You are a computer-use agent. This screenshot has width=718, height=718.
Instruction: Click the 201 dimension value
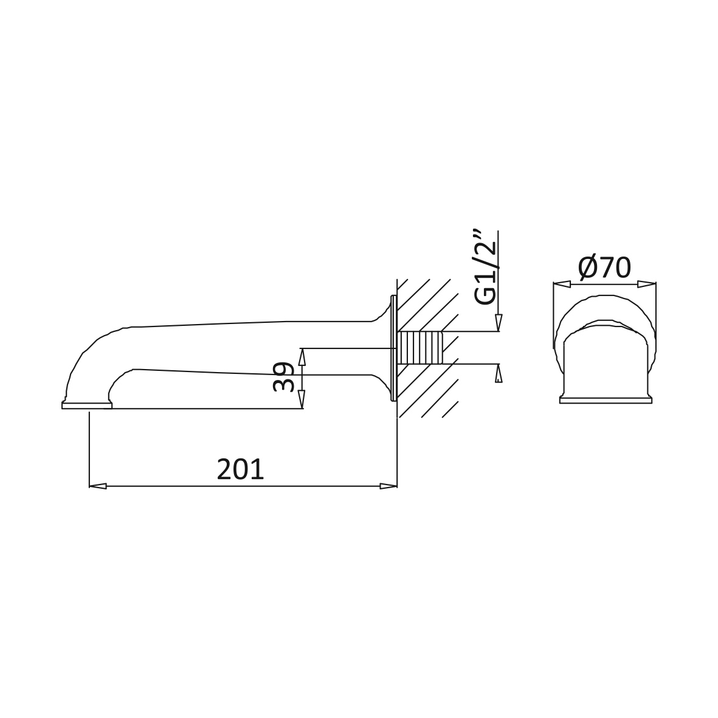[x=240, y=469]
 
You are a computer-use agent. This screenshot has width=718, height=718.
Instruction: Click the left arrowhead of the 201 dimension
[x=98, y=486]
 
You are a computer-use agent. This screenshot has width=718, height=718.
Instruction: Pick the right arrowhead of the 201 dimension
[x=388, y=486]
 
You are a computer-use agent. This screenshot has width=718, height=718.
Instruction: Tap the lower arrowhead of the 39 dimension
[x=302, y=399]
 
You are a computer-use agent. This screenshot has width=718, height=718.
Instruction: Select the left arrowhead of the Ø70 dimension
[x=562, y=285]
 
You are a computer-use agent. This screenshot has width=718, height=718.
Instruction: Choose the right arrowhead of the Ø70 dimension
[x=647, y=285]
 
